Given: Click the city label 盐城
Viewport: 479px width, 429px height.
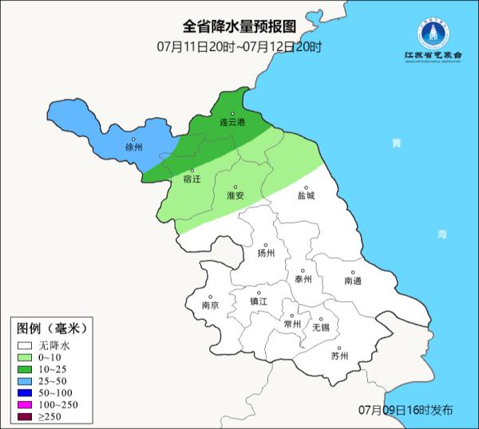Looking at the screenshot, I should point(306,195).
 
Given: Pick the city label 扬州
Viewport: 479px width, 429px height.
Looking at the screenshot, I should point(266,253).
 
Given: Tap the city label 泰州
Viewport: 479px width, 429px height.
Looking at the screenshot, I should point(303,279).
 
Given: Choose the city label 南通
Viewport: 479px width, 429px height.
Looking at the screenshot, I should point(353,281).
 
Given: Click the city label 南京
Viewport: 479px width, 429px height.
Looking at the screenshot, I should point(211,305).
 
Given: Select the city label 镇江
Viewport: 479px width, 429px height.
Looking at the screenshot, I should point(259,301).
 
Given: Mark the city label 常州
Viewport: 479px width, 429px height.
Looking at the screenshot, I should point(292,324).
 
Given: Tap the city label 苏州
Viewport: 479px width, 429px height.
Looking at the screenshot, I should point(339,356).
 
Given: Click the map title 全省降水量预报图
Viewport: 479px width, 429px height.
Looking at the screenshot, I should point(239,26).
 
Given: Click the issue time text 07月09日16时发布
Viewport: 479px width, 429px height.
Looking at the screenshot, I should point(406,410).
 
